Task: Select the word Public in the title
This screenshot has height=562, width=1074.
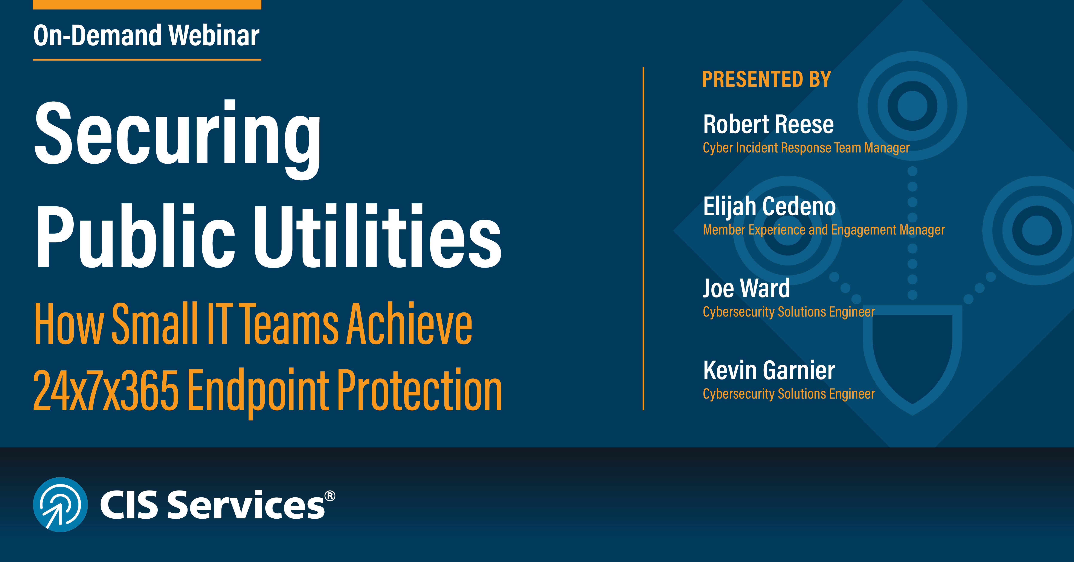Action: click(x=136, y=237)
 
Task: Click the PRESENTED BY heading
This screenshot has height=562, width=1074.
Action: click(x=766, y=79)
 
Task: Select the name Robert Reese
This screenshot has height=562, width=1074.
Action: click(x=768, y=124)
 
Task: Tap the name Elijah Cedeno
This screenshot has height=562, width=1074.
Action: click(x=769, y=206)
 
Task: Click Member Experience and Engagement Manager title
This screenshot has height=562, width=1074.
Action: click(x=823, y=230)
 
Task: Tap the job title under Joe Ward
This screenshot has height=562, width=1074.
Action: click(x=788, y=312)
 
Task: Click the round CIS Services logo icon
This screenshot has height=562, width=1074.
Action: click(x=60, y=504)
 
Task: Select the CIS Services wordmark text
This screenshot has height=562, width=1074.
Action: click(x=213, y=505)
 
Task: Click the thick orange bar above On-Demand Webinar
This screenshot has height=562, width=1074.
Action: click(x=147, y=4)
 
